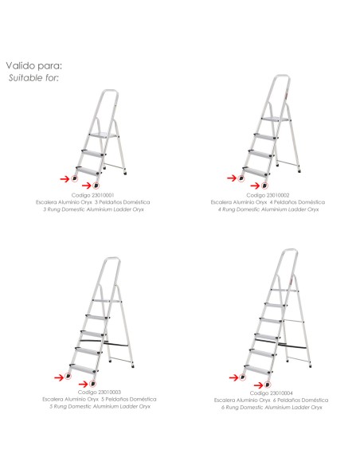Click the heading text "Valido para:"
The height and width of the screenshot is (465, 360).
click(x=34, y=65)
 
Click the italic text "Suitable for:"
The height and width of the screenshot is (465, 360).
click(x=33, y=78)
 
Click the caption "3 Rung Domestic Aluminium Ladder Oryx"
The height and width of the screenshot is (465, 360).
click(x=93, y=209)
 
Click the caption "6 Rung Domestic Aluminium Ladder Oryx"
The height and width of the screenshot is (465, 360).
click(x=272, y=408)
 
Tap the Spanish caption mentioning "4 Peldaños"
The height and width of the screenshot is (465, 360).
click(x=268, y=202)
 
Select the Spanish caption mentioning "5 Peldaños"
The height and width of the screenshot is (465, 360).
click(x=100, y=399)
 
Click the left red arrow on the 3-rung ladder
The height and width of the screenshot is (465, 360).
click(x=65, y=179)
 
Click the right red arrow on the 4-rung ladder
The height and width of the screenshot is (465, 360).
click(x=255, y=186)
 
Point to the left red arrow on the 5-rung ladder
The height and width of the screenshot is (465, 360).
click(x=59, y=377)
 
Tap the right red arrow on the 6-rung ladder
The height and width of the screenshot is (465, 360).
click(x=259, y=385)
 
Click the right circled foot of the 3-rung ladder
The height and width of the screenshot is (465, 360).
click(x=96, y=186)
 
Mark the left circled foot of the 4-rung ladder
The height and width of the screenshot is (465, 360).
click(x=241, y=178)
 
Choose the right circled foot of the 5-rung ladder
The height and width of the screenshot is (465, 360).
click(x=93, y=384)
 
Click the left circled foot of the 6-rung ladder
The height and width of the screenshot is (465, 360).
click(x=243, y=377)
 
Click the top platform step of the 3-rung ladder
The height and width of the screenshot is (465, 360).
click(x=104, y=135)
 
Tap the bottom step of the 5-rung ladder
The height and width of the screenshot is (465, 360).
click(x=83, y=369)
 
